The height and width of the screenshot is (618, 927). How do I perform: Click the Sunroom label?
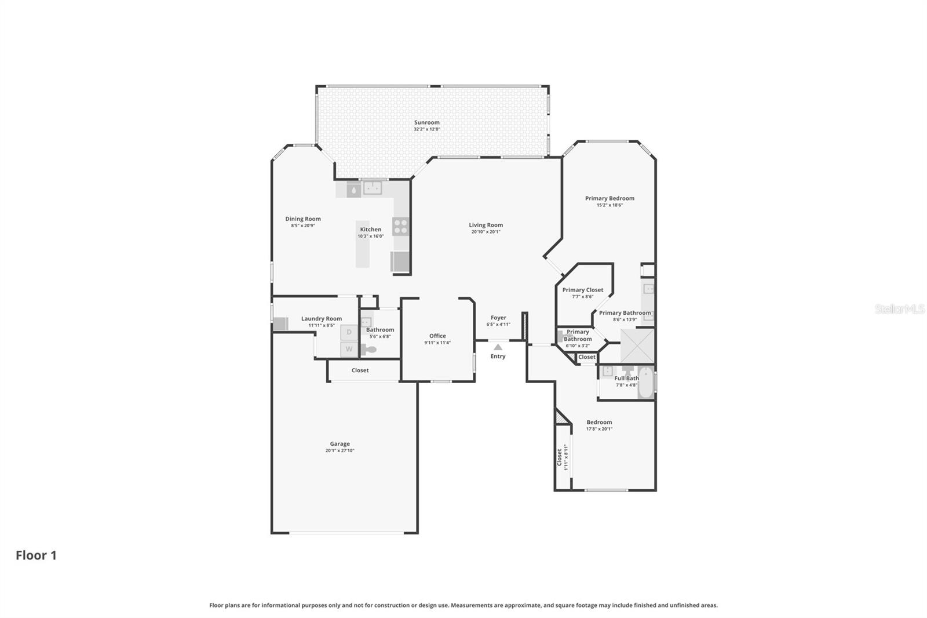tap(426, 122)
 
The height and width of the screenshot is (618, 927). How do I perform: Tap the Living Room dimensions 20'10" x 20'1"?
tap(486, 232)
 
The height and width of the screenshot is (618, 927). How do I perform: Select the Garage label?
tap(340, 443)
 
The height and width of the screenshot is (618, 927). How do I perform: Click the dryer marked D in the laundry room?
tap(349, 332)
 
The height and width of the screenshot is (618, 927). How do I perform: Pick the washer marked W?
tap(349, 349)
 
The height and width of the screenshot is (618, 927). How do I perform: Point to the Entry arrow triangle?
tap(498, 347)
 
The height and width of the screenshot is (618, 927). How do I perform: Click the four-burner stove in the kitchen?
tap(400, 227)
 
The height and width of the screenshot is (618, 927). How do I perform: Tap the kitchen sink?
tap(373, 188)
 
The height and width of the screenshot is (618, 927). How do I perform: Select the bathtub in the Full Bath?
tap(645, 382)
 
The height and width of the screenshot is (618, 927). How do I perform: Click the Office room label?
tap(437, 336)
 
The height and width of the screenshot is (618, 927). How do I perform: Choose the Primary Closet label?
tap(583, 290)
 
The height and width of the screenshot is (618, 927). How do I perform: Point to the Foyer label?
tap(498, 318)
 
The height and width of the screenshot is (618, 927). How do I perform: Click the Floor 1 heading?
tap(36, 555)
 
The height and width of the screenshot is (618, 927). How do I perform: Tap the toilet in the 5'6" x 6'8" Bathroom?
tap(368, 350)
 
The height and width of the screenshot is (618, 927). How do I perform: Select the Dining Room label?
tap(303, 219)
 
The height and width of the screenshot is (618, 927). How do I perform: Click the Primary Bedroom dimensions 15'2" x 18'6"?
tap(610, 205)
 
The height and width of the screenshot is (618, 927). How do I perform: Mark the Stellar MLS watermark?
tap(899, 309)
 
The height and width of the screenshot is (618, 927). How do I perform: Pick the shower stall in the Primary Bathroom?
tap(637, 346)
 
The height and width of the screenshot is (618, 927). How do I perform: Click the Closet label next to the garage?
tap(360, 370)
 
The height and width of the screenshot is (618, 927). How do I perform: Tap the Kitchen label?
tap(371, 230)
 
